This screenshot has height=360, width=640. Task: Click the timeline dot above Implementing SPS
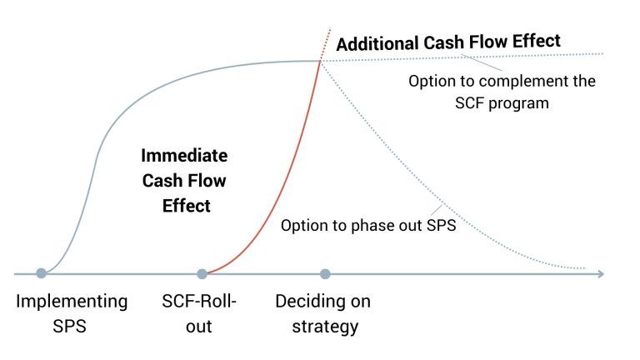[41, 273]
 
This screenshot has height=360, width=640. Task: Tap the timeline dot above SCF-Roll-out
[202, 273]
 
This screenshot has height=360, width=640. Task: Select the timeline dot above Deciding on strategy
[325, 273]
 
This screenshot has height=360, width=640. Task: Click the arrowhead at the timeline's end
[600, 273]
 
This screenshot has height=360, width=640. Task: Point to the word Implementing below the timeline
[72, 301]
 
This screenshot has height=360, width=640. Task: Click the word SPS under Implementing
[72, 325]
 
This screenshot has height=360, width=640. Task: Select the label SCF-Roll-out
[200, 312]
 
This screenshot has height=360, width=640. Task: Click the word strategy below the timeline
[325, 325]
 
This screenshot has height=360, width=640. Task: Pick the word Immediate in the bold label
[184, 156]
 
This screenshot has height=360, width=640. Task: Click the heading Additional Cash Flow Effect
[448, 41]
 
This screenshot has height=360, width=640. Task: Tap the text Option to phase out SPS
[367, 225]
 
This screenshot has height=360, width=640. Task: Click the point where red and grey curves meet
[319, 60]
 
